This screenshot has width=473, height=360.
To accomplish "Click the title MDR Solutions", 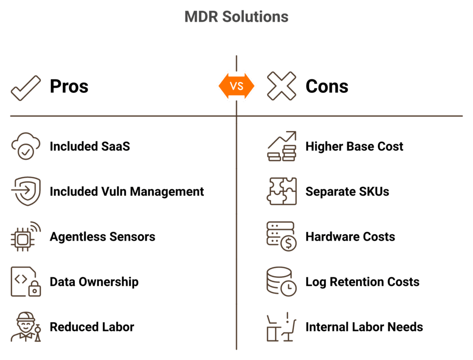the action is coord(236,17).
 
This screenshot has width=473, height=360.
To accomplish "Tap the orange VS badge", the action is coord(236,86).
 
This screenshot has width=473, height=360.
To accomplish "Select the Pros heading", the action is coord(69,86).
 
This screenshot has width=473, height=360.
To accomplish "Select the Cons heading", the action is coord(327,86).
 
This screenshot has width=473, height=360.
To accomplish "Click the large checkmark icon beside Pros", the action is coord(26,88).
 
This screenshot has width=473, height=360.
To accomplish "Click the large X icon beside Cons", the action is coord(281,86).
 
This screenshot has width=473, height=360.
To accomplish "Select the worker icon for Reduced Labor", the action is coord(26,327).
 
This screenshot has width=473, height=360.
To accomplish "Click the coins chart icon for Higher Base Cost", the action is coord(281,146).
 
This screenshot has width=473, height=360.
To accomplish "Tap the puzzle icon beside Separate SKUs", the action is coord(281,191).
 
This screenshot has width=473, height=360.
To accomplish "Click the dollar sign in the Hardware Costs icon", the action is coord(288,243).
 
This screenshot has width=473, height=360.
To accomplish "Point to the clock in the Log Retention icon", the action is coord(288,288).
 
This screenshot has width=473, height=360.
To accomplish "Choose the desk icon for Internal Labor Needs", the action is coord(281,327).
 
